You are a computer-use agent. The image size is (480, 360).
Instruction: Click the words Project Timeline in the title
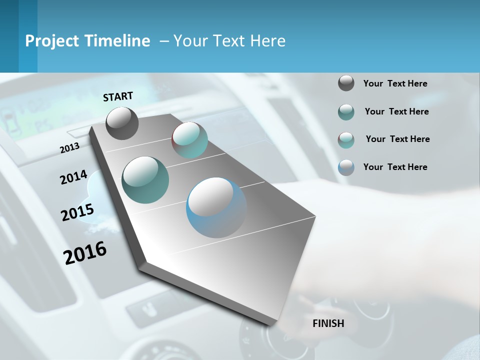tap(87, 41)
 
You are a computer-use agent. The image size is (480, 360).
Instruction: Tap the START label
tap(118, 96)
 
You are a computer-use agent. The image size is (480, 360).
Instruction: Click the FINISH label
tap(328, 323)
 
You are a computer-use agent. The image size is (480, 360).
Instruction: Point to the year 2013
tap(69, 148)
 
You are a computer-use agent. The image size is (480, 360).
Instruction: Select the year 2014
tap(73, 177)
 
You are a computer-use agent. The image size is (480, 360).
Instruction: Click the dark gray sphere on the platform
tap(122, 123)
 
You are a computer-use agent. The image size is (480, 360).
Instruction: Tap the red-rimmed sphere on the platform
tap(189, 140)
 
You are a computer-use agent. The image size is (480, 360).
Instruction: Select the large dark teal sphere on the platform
tap(145, 180)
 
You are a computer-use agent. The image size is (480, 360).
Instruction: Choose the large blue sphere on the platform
tap(216, 207)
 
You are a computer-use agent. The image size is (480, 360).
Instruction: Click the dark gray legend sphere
tap(346, 83)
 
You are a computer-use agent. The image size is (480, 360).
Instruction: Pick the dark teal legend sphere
tap(346, 112)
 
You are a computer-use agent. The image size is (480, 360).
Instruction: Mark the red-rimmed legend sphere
tap(346, 140)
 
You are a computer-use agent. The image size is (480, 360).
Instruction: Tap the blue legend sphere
tap(346, 167)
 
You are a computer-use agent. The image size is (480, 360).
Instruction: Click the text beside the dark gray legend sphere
tap(395, 83)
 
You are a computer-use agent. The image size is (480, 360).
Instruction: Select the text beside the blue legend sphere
tap(395, 167)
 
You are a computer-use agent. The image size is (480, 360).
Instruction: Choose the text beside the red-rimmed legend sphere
tap(397, 139)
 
